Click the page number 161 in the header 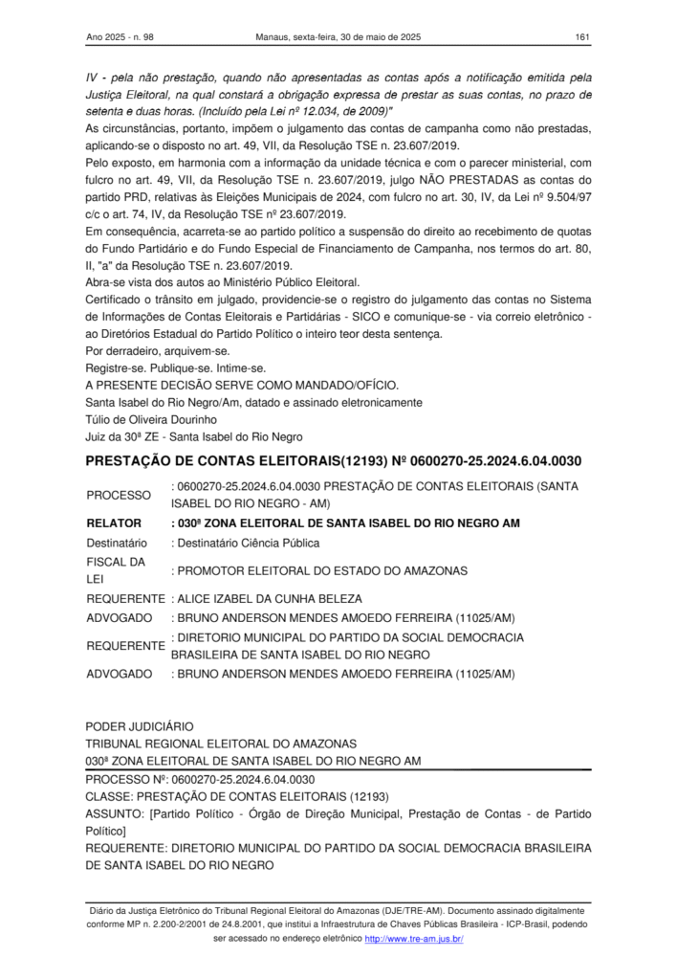pos(581,37)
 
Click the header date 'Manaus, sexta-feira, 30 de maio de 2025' pos(338,37)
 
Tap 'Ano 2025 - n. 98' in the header pos(127,37)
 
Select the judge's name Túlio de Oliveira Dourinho pos(153,419)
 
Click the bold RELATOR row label pos(114,523)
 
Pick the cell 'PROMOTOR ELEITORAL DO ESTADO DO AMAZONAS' pos(319,571)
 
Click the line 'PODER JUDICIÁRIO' pos(140,726)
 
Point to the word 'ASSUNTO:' pos(115,813)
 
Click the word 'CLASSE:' pos(109,795)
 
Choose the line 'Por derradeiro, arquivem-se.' pos(155,350)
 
